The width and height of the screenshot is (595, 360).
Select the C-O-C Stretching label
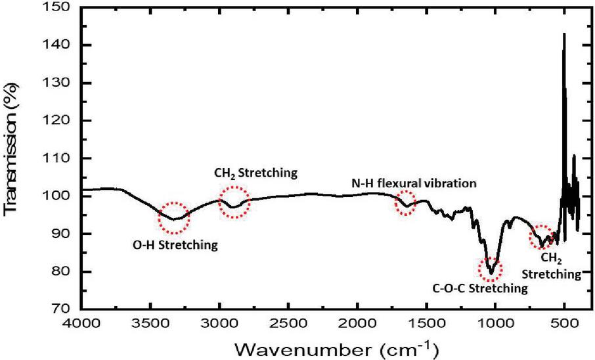(481, 288)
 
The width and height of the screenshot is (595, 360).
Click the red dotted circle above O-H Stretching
(175, 217)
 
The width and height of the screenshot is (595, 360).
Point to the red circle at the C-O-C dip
(491, 269)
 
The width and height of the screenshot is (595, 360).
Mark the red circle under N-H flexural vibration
(405, 203)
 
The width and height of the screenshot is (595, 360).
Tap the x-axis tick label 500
(563, 324)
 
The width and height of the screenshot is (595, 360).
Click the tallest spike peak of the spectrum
(563, 34)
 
